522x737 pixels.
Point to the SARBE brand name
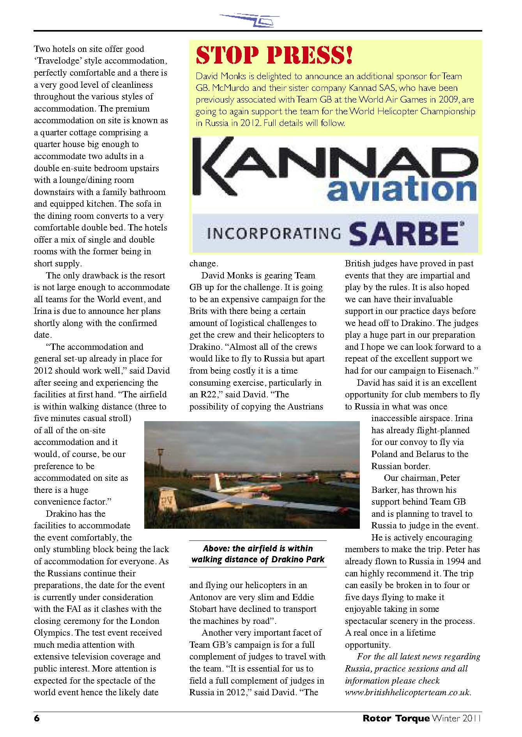pos(403,233)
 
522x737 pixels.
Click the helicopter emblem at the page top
pos(249,19)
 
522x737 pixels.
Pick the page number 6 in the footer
pos(37,718)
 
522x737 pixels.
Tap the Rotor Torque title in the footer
pos(396,718)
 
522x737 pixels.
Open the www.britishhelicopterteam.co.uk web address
pos(408,693)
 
